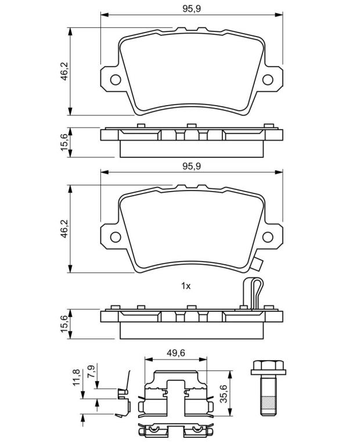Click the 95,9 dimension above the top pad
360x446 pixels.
(x=192, y=9)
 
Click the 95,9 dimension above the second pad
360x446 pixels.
(x=192, y=166)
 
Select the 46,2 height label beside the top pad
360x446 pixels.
(x=65, y=71)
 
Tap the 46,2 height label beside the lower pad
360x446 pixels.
(x=65, y=228)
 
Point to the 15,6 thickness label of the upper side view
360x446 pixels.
(x=65, y=142)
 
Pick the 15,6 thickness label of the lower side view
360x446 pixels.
(x=65, y=323)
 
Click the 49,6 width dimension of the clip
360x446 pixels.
(x=176, y=353)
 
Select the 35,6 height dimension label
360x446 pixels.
(x=224, y=393)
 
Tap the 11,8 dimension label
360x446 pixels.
(x=76, y=377)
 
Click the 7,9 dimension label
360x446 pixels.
(x=92, y=371)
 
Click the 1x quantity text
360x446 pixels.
(x=186, y=286)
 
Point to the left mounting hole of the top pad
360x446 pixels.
(x=116, y=80)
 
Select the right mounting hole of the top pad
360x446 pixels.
(x=268, y=80)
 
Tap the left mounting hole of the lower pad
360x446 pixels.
(x=116, y=237)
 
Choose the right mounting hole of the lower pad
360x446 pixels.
(x=268, y=237)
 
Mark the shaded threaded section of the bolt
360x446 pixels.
(x=268, y=403)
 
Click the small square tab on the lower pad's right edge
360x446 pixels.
(x=258, y=265)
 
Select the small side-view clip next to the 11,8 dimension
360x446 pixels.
(x=124, y=395)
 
